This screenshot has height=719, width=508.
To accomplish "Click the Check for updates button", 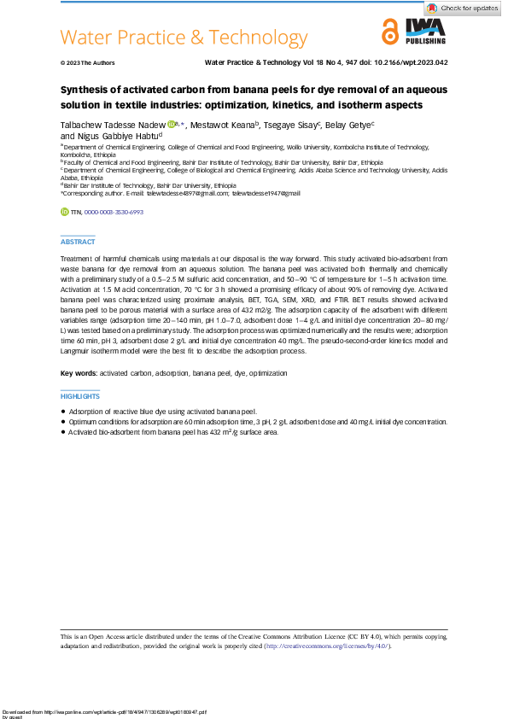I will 464,8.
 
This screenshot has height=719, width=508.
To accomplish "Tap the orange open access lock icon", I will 390,32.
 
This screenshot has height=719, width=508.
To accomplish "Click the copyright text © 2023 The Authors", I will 87,63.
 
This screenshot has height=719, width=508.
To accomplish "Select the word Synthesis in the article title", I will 87,90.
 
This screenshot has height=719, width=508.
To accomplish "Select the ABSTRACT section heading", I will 78,243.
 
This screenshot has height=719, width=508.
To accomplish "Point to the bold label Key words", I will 79,374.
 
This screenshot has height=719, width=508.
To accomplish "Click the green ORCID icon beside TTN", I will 64,212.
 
